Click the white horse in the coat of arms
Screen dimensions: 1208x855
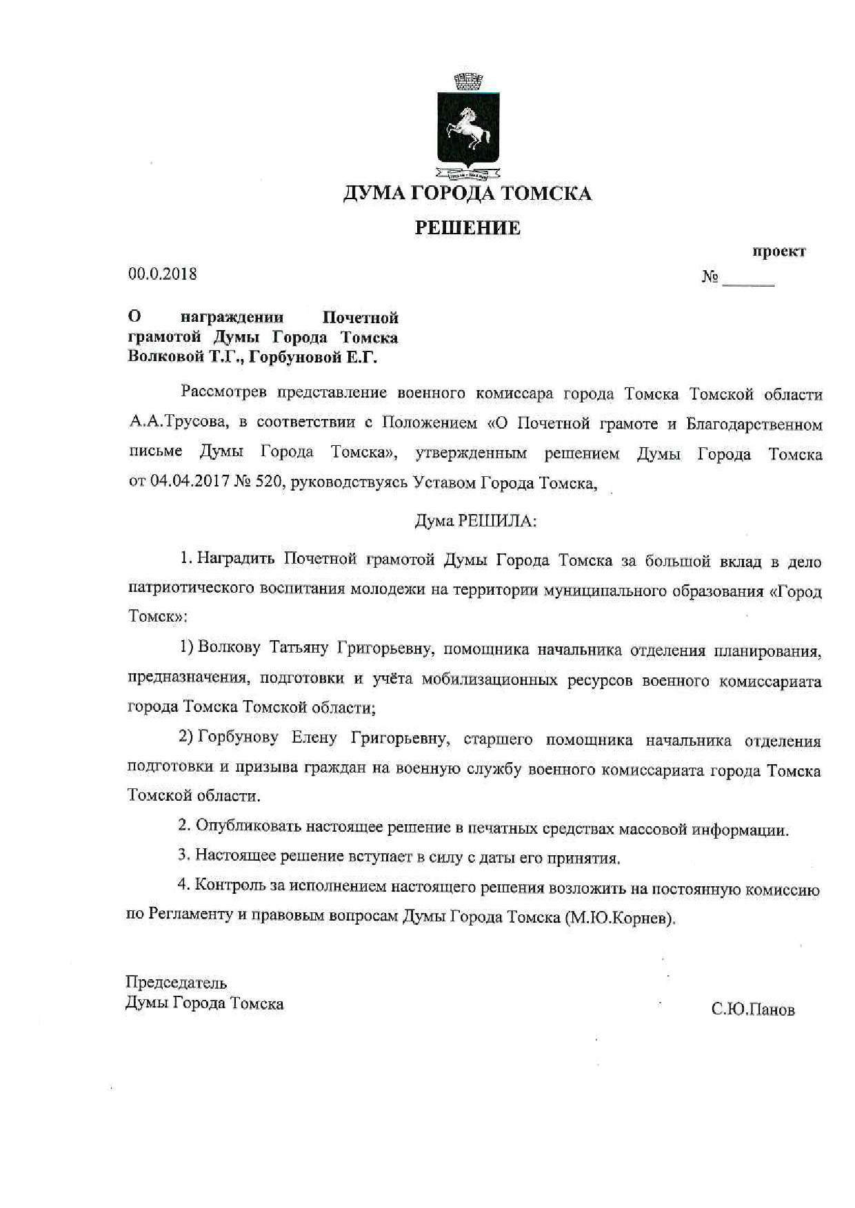click(467, 131)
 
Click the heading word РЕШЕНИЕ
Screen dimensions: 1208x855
click(467, 228)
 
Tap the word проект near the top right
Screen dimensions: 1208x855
click(779, 252)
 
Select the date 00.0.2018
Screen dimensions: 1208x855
click(163, 274)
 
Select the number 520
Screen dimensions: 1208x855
click(270, 482)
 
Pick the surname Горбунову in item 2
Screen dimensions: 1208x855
click(238, 738)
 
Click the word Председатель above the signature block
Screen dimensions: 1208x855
click(177, 983)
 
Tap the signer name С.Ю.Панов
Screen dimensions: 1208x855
click(753, 1010)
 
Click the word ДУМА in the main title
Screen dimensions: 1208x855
click(373, 194)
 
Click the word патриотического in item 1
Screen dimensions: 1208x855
click(190, 591)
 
